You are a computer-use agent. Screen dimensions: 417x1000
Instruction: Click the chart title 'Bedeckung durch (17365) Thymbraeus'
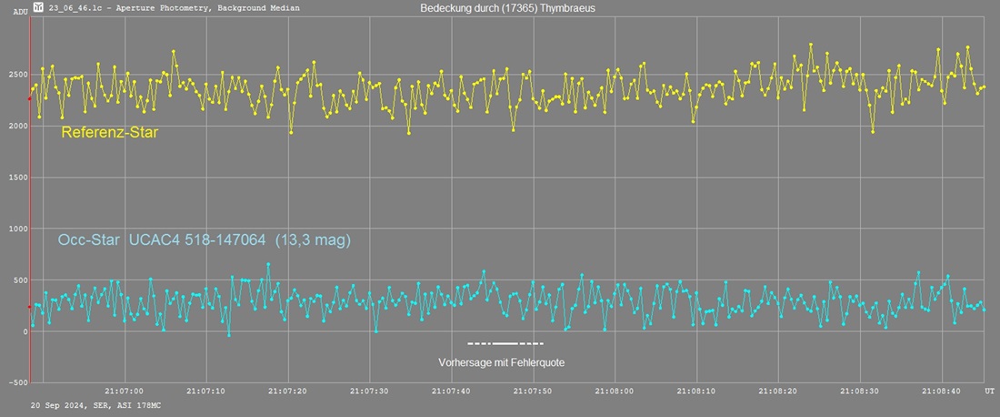508,7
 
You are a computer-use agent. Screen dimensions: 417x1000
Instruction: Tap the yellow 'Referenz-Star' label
110,133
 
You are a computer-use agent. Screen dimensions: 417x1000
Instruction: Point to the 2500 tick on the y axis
15,74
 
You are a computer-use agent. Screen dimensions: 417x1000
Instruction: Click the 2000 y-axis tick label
15,126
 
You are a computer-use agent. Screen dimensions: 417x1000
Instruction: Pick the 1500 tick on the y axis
15,178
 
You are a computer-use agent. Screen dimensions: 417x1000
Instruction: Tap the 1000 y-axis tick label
15,229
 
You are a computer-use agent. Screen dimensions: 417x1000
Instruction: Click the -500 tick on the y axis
15,383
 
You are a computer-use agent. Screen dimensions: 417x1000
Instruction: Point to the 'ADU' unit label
20,12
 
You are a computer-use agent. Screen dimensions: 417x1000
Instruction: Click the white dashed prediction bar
505,343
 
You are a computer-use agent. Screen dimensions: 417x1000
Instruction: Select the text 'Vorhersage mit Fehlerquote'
506,362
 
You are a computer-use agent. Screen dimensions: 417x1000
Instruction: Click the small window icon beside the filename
37,7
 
